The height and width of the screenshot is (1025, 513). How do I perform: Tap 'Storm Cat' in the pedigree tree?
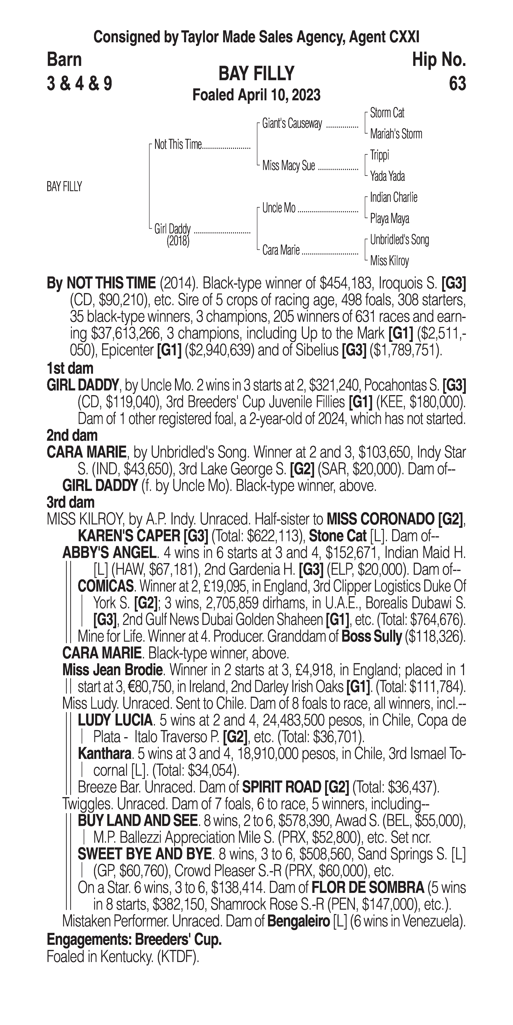click(387, 113)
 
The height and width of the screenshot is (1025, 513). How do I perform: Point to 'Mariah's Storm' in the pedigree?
click(396, 134)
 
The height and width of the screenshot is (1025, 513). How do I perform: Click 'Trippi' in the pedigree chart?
click(379, 155)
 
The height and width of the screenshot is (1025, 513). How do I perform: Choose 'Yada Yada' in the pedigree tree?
click(387, 176)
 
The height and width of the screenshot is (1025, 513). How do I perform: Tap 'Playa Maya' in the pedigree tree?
click(389, 218)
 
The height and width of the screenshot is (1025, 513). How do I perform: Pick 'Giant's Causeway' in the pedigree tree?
click(292, 124)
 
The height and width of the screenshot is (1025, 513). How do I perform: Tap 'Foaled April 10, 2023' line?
click(256, 95)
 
